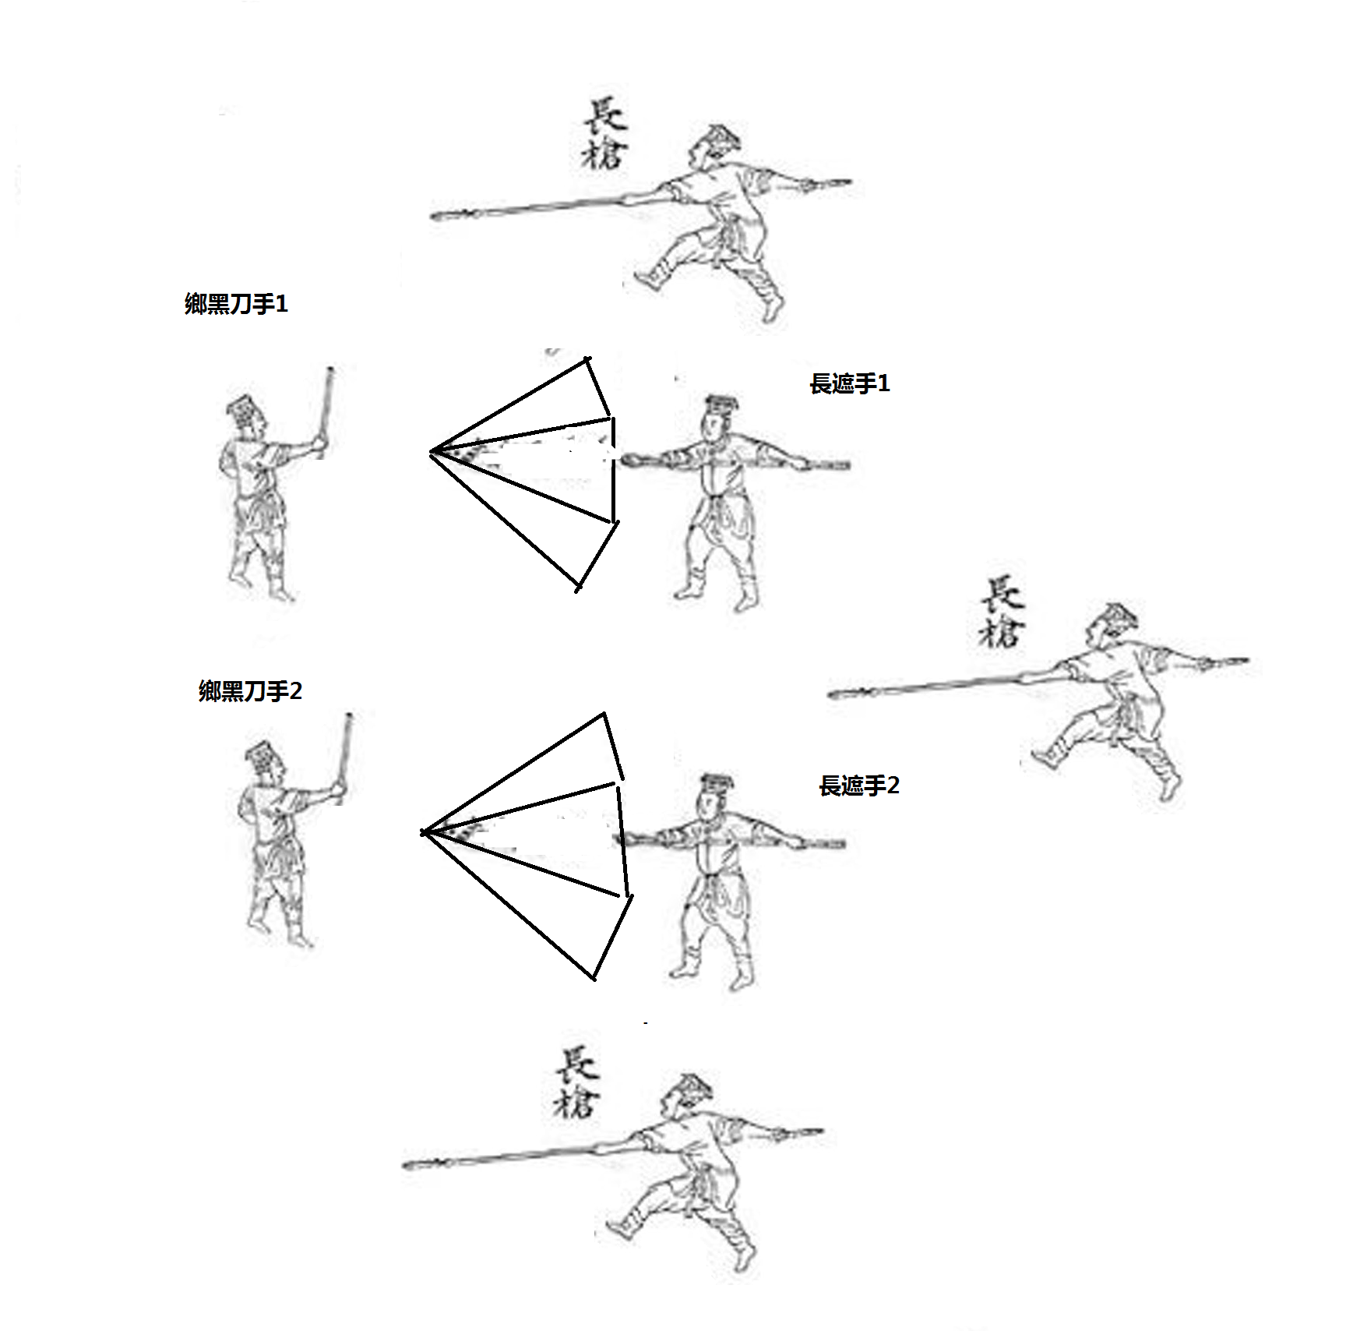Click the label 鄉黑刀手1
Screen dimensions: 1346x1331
(x=236, y=303)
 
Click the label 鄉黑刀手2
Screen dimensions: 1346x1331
(x=250, y=690)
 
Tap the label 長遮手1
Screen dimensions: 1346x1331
(x=849, y=383)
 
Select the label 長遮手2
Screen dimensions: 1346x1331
(x=859, y=785)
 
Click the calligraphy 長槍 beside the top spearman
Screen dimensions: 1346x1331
(x=604, y=134)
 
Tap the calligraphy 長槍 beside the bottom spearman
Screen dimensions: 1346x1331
(x=576, y=1082)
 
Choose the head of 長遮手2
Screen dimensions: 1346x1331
(x=715, y=796)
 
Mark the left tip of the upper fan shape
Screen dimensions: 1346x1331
(x=431, y=452)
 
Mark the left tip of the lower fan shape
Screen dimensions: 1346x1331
(x=422, y=832)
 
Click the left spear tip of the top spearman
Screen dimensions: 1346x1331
(x=435, y=217)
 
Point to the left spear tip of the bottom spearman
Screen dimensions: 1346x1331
(x=407, y=1166)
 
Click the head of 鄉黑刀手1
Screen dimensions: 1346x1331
(x=246, y=416)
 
